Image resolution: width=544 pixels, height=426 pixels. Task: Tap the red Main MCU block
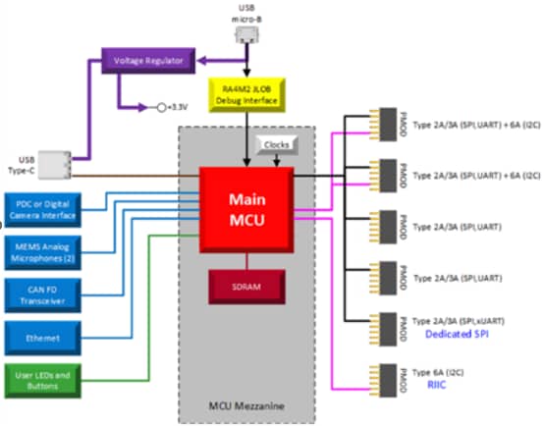[247, 209]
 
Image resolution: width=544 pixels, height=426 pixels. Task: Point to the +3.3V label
[178, 107]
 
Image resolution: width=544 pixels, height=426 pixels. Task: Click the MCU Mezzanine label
[246, 404]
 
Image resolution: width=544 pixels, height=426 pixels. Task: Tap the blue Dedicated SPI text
[457, 335]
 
